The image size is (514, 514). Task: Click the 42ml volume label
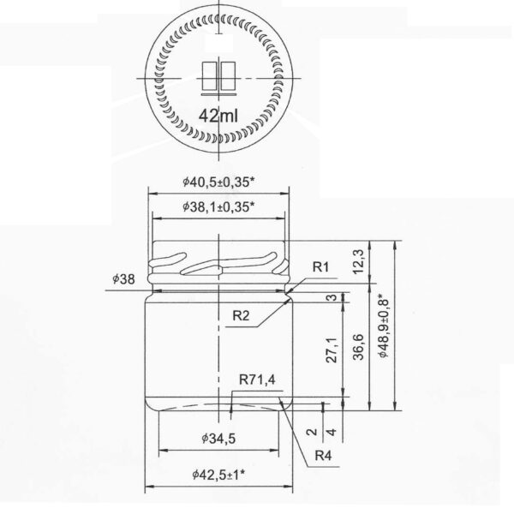[220, 115]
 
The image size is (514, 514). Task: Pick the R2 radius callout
[242, 316]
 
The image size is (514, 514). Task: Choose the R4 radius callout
[323, 455]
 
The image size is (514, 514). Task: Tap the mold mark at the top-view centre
[220, 76]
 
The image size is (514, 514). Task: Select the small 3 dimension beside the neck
[331, 297]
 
